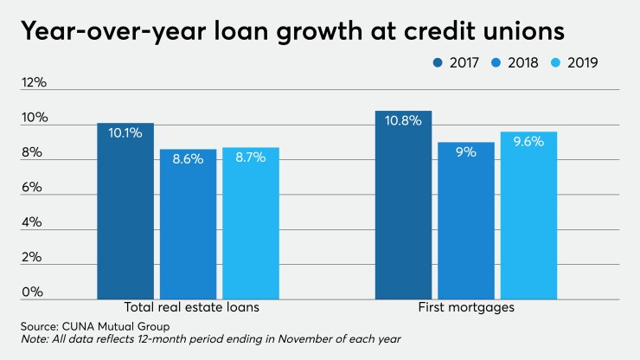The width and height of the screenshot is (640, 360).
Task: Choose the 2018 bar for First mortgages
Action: (x=465, y=220)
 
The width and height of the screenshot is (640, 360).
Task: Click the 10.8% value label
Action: (x=403, y=121)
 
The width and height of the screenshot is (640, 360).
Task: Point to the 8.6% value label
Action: (x=188, y=159)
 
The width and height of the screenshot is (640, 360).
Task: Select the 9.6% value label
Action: (x=528, y=142)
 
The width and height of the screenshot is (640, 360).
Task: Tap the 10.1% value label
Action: (x=125, y=133)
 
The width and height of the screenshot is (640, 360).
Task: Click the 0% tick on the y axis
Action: (x=34, y=292)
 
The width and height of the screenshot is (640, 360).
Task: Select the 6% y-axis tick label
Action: (x=34, y=188)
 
